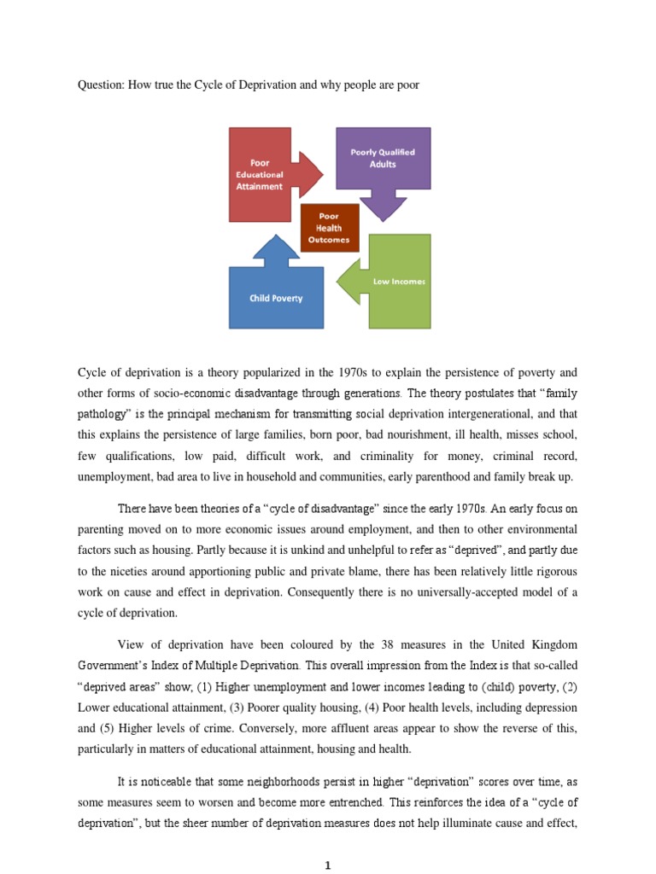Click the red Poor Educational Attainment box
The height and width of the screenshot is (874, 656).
(x=260, y=174)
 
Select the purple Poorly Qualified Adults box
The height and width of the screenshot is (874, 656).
(x=383, y=158)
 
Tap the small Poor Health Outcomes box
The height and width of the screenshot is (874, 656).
(x=329, y=228)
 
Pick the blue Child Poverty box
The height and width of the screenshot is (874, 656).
(x=276, y=298)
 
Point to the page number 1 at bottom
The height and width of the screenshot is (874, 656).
(x=328, y=866)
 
